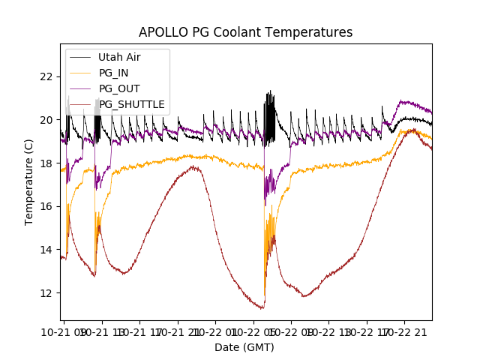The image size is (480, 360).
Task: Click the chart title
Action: (x=245, y=32)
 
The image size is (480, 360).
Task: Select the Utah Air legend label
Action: (x=119, y=57)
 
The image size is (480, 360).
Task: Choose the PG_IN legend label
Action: (x=114, y=73)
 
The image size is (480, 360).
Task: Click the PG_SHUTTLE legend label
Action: (x=132, y=104)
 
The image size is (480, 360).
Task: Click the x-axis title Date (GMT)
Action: (x=244, y=347)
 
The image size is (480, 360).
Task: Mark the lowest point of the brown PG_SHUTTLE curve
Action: (x=262, y=308)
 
